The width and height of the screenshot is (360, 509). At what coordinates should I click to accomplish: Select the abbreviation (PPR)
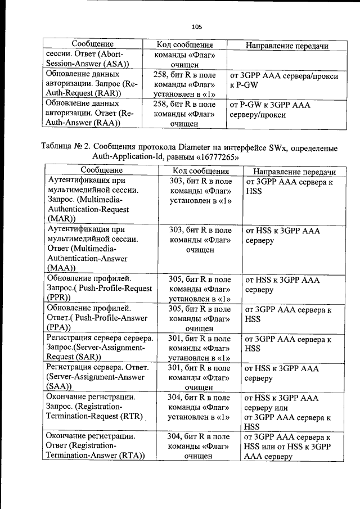59,298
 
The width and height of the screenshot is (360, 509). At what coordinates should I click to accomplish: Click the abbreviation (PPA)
59,327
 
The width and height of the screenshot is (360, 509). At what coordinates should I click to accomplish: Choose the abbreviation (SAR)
87,357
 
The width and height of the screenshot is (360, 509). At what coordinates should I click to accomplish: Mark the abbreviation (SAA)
59,387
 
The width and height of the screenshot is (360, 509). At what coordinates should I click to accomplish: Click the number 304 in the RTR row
175,397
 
